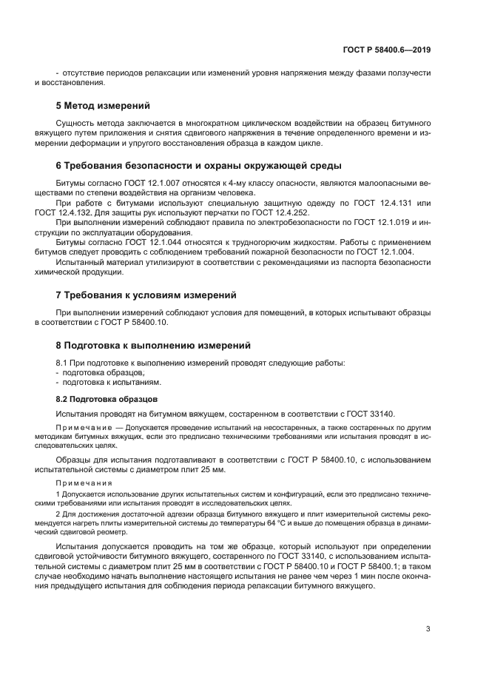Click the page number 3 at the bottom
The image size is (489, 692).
tap(428, 629)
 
